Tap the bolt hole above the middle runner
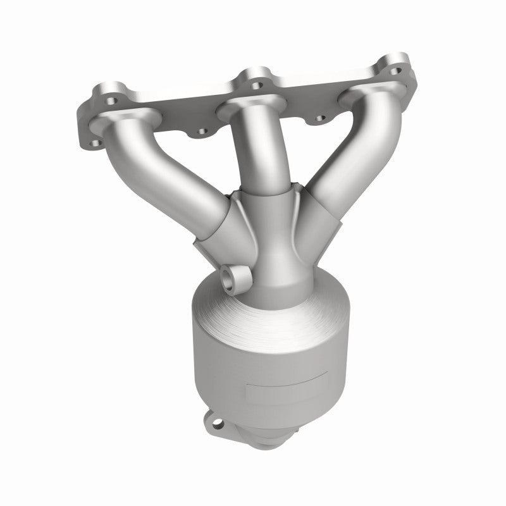click(x=256, y=82)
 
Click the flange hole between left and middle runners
click(x=202, y=132)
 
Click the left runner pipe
click(x=171, y=171)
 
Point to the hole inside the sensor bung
click(x=230, y=278)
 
